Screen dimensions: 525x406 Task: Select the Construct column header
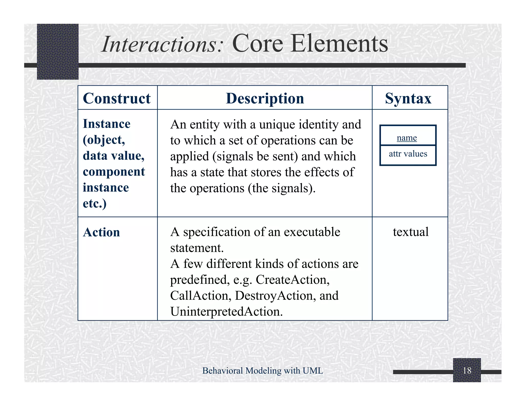(117, 98)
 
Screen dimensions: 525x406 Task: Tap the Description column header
(265, 98)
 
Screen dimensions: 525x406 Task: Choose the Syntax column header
(408, 98)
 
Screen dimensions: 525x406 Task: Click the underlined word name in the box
(407, 138)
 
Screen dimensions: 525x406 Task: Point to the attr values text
(408, 154)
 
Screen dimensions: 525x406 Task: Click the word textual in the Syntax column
(411, 232)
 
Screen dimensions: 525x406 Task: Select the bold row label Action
(102, 232)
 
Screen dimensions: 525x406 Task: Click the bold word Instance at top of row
(107, 124)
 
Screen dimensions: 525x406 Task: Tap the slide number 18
(467, 371)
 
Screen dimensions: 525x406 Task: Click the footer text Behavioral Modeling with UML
(262, 371)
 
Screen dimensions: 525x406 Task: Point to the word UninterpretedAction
(226, 312)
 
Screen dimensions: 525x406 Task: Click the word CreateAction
(292, 280)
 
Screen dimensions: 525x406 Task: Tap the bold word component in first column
(114, 172)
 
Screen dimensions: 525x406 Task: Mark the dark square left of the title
(58, 51)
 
